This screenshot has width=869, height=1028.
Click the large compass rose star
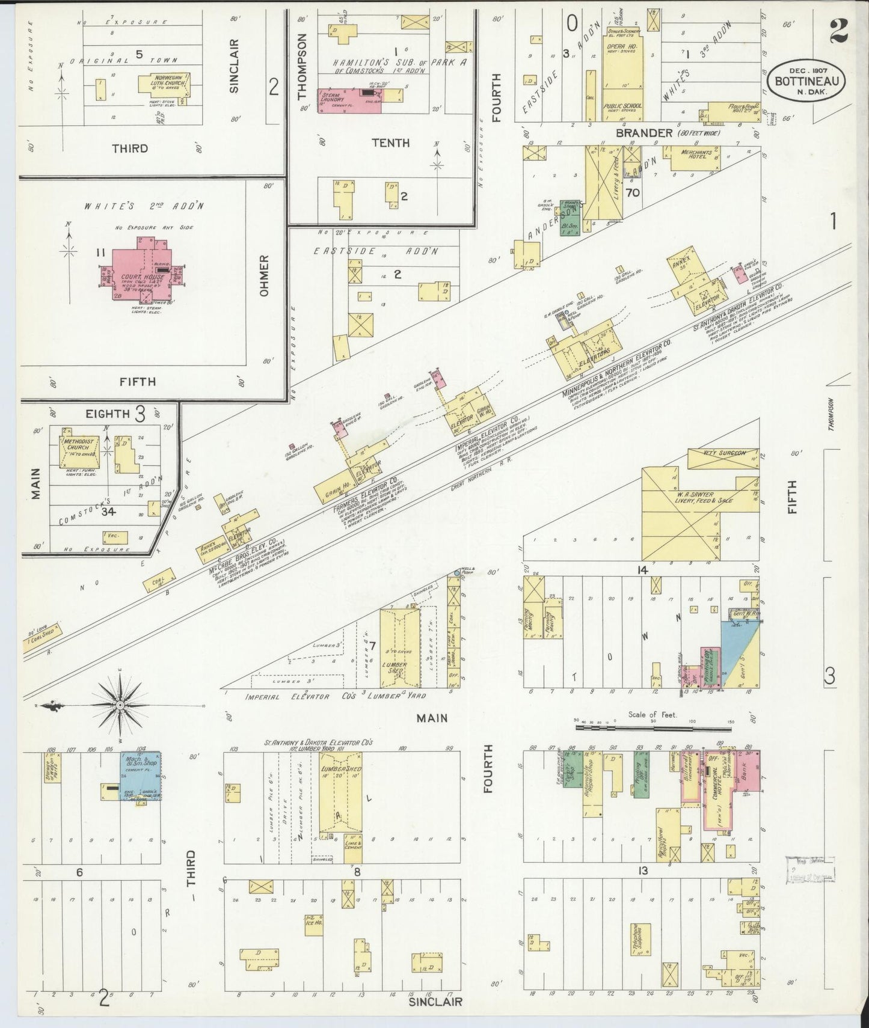tap(120, 704)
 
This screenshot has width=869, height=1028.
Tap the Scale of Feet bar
tap(653, 727)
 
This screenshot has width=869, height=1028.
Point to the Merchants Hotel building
tap(690, 158)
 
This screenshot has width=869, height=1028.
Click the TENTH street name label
tap(390, 143)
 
